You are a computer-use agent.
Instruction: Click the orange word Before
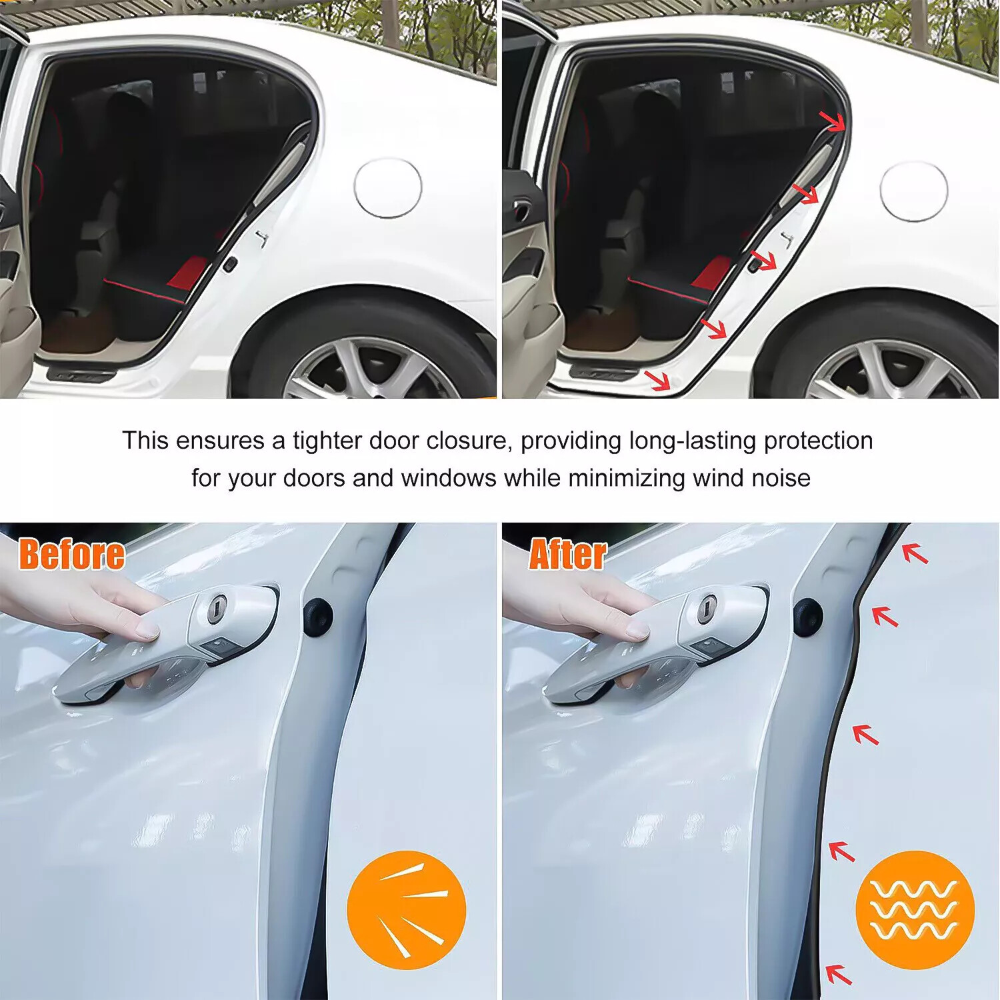click(x=72, y=555)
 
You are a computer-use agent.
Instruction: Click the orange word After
click(x=568, y=555)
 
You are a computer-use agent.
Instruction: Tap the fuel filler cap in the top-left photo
click(x=388, y=187)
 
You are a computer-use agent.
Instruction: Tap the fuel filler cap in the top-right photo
click(x=913, y=191)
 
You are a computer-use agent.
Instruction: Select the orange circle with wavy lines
click(x=915, y=910)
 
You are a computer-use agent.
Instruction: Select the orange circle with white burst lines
click(x=406, y=910)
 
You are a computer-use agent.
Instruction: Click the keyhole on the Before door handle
click(x=217, y=609)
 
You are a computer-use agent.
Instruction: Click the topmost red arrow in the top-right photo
click(x=832, y=121)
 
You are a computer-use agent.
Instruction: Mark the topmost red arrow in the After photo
click(x=915, y=553)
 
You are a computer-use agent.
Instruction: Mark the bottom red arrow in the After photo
click(x=839, y=974)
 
